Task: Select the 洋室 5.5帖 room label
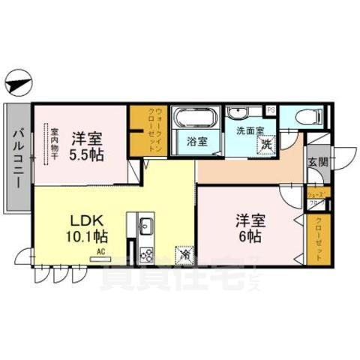(87, 145)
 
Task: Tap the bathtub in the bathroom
(195, 118)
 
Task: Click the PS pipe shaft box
(271, 110)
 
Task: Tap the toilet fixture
(307, 117)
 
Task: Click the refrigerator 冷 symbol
(184, 256)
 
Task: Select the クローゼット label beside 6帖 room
(317, 238)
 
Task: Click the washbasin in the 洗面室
(239, 114)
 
